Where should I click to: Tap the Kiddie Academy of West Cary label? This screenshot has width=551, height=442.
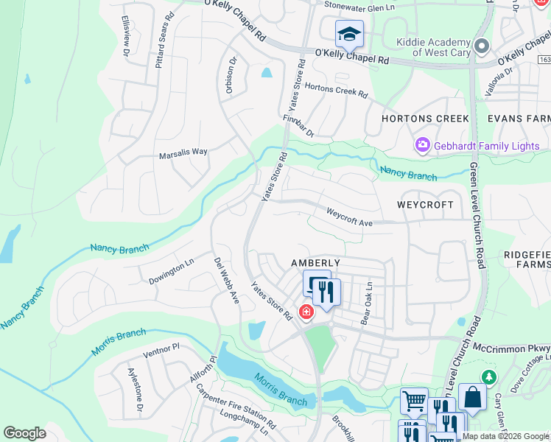[431, 47]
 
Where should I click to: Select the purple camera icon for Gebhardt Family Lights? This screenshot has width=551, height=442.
[423, 145]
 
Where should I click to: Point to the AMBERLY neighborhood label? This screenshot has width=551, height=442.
[315, 263]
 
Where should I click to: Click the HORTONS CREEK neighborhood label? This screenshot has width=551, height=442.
[425, 119]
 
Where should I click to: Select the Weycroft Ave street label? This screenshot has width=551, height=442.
[351, 217]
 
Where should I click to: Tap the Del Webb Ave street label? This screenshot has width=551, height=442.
[227, 280]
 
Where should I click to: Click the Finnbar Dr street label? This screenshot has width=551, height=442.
[298, 125]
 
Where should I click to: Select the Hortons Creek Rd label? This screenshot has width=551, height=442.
[335, 89]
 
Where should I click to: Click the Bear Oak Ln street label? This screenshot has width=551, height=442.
[366, 304]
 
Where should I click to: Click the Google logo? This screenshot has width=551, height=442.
[25, 433]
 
